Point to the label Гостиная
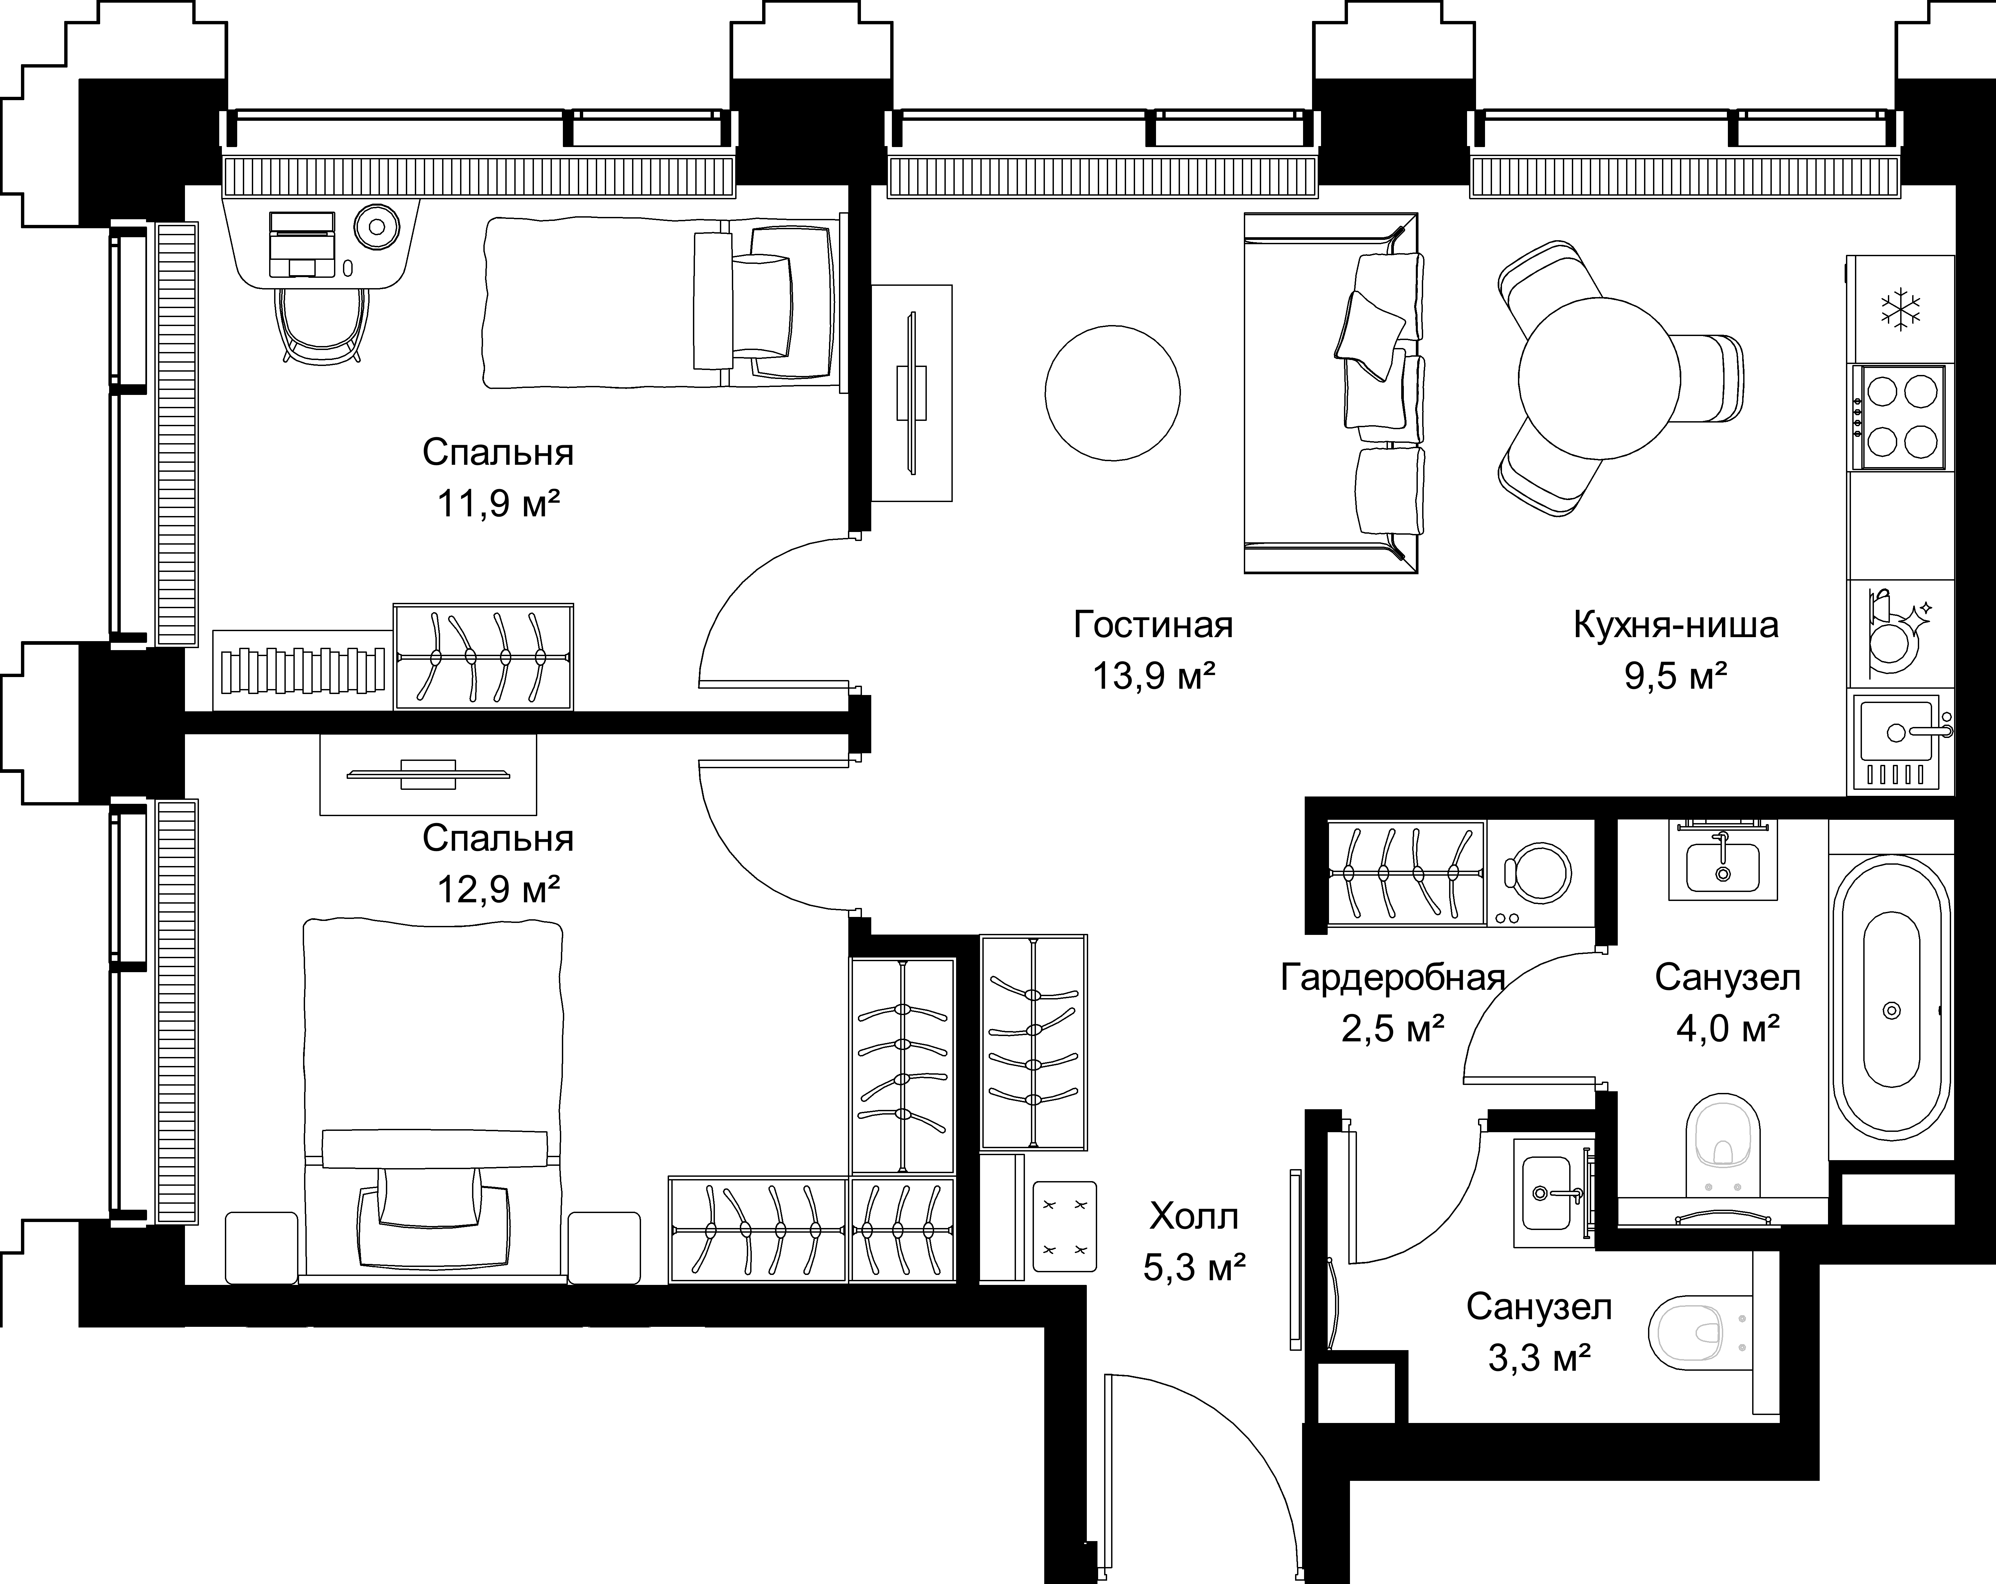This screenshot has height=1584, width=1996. pyautogui.click(x=1154, y=625)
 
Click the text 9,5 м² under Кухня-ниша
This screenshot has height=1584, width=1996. pyautogui.click(x=1676, y=677)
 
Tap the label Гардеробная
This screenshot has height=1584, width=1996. pyautogui.click(x=1393, y=977)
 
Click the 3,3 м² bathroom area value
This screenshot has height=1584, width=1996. pyautogui.click(x=1539, y=1358)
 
